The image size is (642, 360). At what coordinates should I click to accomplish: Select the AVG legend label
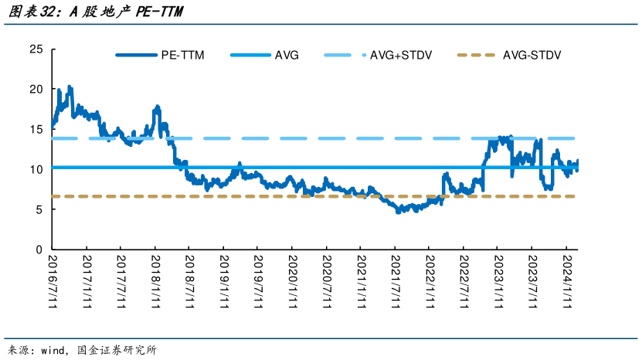(287, 56)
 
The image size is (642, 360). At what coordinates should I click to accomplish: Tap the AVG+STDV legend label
(401, 56)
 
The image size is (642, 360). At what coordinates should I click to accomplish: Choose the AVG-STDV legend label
(532, 56)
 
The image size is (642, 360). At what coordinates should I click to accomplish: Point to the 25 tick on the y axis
(36, 49)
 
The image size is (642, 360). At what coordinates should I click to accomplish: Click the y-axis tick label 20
(36, 90)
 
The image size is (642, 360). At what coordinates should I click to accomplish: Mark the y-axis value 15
(36, 130)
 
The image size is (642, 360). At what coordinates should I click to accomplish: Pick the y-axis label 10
(36, 169)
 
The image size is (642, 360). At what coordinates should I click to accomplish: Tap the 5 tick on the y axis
(39, 209)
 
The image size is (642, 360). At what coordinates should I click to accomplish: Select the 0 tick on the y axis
(39, 250)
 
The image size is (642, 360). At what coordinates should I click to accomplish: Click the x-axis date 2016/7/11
(53, 281)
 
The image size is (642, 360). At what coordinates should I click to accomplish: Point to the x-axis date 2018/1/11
(155, 281)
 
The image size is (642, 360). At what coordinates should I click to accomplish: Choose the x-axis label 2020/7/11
(327, 281)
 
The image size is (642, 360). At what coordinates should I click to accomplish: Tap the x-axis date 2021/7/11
(396, 281)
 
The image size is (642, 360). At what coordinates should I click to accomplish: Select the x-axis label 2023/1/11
(498, 281)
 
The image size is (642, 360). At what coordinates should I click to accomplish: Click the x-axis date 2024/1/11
(567, 281)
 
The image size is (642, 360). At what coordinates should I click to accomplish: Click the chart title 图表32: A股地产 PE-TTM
(96, 12)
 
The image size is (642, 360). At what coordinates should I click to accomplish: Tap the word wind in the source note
(53, 351)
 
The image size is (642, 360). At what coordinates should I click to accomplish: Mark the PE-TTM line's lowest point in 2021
(398, 212)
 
